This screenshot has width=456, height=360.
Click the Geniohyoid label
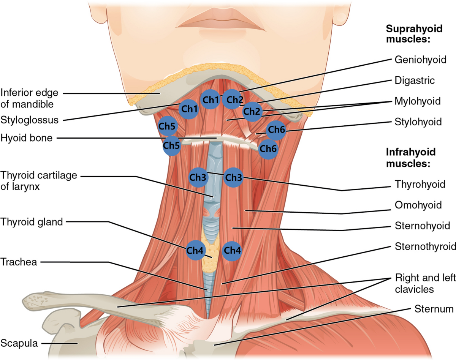(420, 60)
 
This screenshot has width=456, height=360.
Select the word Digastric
(415, 81)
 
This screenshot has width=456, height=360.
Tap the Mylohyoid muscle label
(418, 101)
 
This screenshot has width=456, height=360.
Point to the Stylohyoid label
(418, 122)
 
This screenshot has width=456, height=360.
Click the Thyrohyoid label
(420, 184)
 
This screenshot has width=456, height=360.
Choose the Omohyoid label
(418, 205)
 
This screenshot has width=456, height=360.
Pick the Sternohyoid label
(422, 226)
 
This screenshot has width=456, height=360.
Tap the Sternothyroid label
(425, 246)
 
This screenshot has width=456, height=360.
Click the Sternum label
(434, 309)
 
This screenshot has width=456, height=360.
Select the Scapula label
(19, 343)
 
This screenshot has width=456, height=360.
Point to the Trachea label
(19, 262)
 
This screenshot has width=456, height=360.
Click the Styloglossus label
(30, 120)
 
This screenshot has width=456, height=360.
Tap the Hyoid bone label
(27, 138)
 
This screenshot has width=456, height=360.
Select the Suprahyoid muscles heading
(414, 34)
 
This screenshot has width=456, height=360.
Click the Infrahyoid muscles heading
(411, 158)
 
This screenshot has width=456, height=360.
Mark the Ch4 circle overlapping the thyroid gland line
(195, 250)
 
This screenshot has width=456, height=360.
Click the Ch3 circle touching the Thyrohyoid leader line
(233, 177)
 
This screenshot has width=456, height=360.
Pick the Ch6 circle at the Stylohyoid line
(276, 130)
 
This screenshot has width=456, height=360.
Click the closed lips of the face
(220, 21)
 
